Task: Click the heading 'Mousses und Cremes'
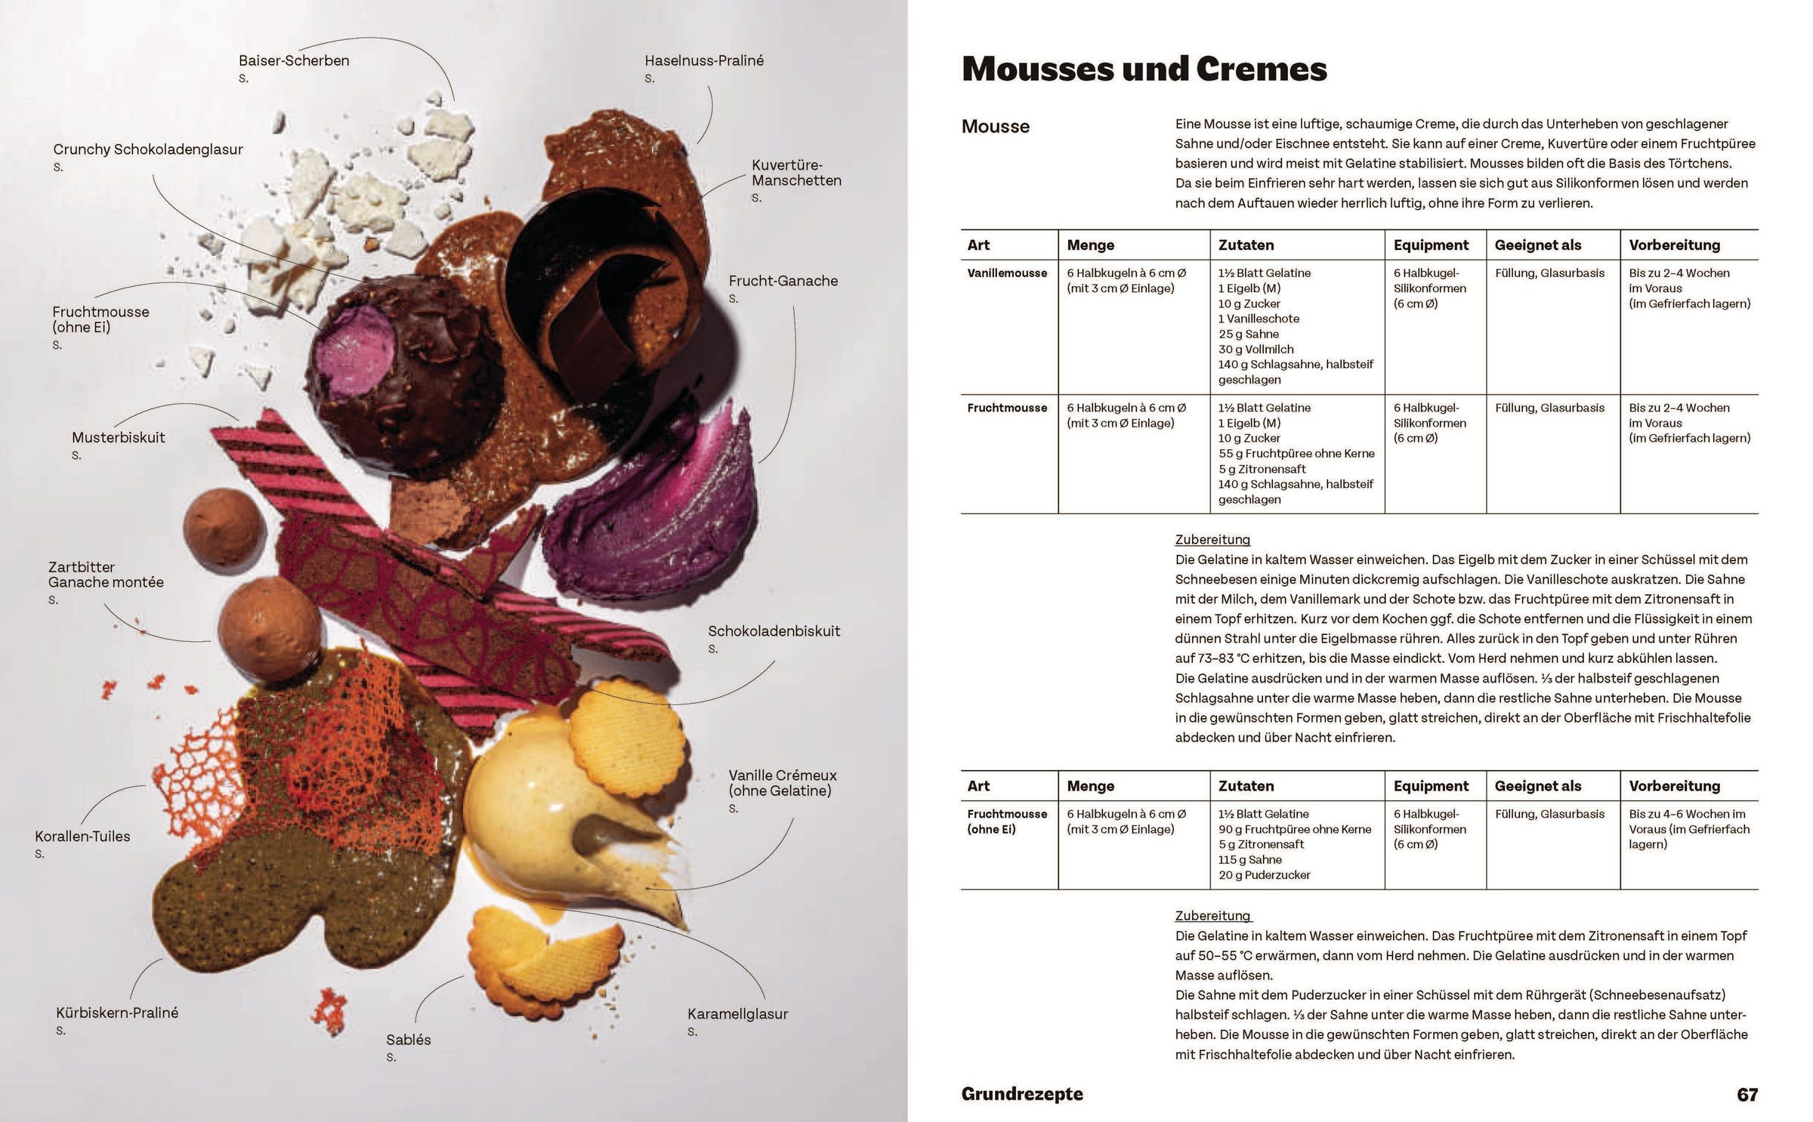pos(1144,69)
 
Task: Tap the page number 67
pos(1747,1095)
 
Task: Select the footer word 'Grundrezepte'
pos(1021,1094)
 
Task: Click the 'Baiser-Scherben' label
pos(294,60)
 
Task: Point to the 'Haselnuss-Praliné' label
pos(704,60)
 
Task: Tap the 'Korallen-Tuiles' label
pos(82,836)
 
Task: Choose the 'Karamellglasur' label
pos(737,1014)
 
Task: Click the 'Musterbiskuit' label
pos(118,437)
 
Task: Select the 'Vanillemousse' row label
pos(1007,273)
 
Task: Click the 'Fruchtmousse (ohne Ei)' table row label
pos(1007,821)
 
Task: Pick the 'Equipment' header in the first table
pos(1431,245)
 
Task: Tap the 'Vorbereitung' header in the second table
pos(1674,786)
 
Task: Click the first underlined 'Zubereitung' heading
pos(1212,540)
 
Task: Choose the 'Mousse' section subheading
pos(995,127)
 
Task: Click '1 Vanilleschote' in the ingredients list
pos(1259,319)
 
